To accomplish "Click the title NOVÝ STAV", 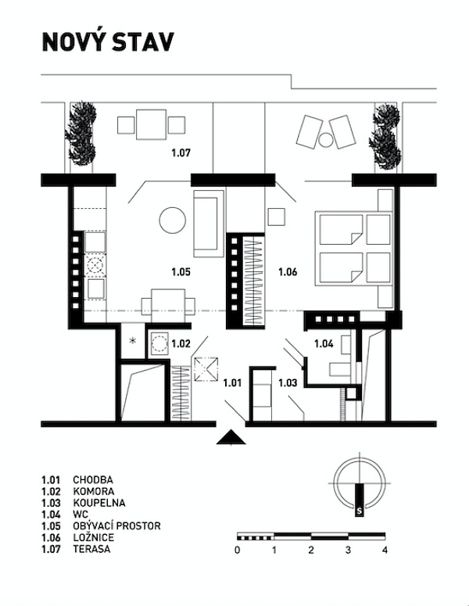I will [107, 42].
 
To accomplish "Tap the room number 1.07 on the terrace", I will [181, 152].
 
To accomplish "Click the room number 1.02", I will [181, 342].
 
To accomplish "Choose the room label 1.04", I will [324, 342].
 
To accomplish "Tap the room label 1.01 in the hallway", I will [232, 382].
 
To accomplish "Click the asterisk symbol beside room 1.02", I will [132, 341].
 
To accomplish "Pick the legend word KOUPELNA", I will [99, 503].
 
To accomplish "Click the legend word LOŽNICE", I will [95, 537].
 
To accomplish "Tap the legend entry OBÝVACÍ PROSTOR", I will [116, 525].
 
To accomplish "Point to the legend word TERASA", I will [91, 549].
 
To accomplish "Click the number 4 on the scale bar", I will [385, 550].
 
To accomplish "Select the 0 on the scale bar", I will [237, 550].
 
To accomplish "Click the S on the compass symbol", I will [358, 511].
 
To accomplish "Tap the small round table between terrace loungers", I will [325, 141].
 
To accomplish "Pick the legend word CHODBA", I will [93, 479].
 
